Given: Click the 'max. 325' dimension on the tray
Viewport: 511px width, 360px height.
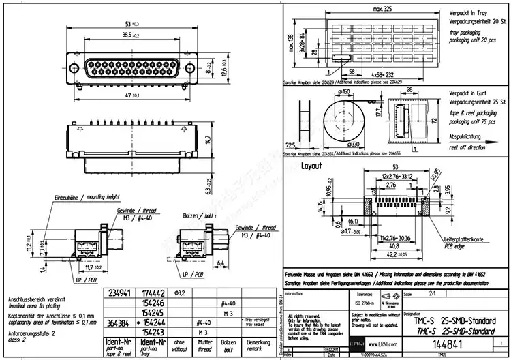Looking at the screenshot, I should tap(387, 9).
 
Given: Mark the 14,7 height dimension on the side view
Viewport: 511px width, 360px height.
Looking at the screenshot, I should tap(209, 140).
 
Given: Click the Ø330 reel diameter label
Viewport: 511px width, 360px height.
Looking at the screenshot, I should tap(355, 145).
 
